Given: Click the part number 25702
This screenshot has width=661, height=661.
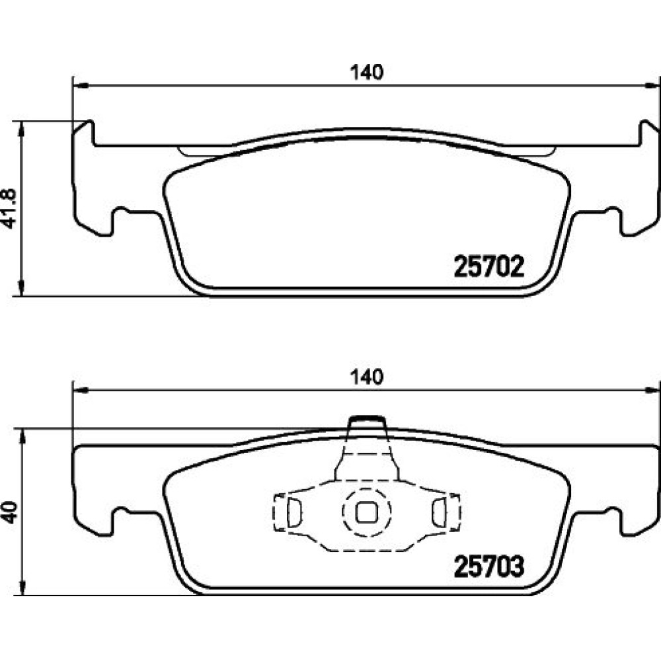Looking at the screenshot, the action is click(x=489, y=266).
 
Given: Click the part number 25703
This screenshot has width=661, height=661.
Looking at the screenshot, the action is click(x=489, y=566).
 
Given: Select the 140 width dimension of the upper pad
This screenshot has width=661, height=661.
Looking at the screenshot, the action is click(x=367, y=73).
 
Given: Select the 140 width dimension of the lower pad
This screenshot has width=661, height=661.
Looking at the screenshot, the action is click(x=367, y=377).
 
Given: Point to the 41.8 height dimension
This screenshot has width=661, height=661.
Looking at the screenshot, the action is click(x=9, y=209).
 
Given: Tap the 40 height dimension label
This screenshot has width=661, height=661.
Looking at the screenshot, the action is click(x=9, y=512).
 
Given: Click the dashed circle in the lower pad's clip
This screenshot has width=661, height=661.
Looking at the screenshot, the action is click(x=366, y=512).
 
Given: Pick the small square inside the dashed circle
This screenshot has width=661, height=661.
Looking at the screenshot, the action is click(x=366, y=512).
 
